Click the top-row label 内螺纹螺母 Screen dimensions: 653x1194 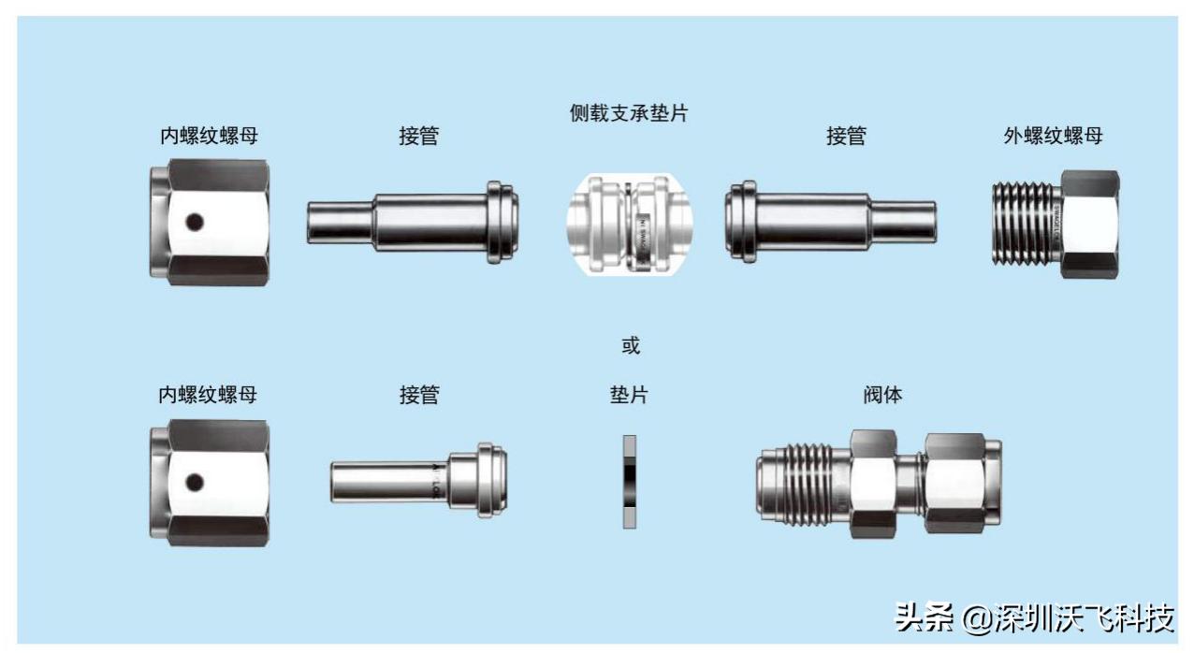(209, 136)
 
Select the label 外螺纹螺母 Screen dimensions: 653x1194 (1053, 136)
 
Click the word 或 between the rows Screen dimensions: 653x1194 (631, 346)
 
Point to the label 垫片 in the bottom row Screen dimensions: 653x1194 (629, 395)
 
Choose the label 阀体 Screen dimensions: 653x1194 (882, 395)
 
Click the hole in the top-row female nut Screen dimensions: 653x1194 (194, 223)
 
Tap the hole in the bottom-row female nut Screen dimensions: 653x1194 (194, 482)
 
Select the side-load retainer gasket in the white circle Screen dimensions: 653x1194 (630, 224)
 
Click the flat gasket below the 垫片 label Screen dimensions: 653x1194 (629, 481)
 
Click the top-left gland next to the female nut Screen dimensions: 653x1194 (413, 223)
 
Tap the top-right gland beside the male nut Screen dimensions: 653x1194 (830, 223)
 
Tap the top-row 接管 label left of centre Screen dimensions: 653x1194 (419, 136)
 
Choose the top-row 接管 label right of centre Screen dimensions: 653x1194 (846, 136)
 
